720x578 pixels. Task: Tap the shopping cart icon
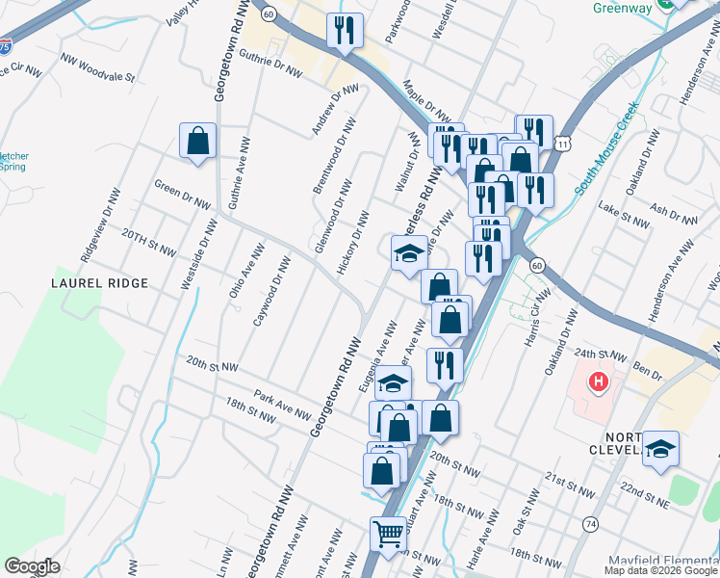click(x=389, y=533)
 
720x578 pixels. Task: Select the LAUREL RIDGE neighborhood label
click(x=100, y=283)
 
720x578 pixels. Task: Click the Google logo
click(x=32, y=566)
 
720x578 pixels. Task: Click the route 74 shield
click(x=590, y=522)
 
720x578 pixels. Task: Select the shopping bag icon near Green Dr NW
click(x=197, y=142)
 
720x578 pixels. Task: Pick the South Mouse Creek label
click(x=607, y=155)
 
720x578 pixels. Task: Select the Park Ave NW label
click(x=281, y=405)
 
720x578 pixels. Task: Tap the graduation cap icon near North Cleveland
click(x=660, y=448)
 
